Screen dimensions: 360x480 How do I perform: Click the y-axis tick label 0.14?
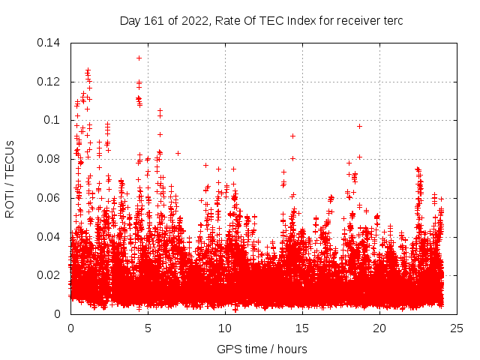pyautogui.click(x=50, y=43)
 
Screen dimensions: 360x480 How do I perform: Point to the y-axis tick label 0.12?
pyautogui.click(x=50, y=82)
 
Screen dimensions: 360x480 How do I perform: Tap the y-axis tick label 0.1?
pyautogui.click(x=53, y=120)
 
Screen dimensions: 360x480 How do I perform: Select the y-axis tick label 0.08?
pyautogui.click(x=50, y=159)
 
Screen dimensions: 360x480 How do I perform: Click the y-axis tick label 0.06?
pyautogui.click(x=50, y=198)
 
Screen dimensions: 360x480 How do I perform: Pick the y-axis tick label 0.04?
pyautogui.click(x=50, y=237)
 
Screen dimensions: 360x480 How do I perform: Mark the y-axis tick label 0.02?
pyautogui.click(x=50, y=275)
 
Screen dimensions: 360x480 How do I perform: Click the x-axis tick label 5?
pyautogui.click(x=148, y=328)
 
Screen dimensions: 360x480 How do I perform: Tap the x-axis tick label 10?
pyautogui.click(x=225, y=328)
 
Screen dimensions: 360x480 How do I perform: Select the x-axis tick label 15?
pyautogui.click(x=302, y=328)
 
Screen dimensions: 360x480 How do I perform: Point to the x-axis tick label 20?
pyautogui.click(x=379, y=328)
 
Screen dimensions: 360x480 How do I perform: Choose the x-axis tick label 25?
pyautogui.click(x=457, y=328)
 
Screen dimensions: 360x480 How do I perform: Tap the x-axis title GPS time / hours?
pyautogui.click(x=262, y=349)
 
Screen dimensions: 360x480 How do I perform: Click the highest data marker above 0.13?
pyautogui.click(x=139, y=58)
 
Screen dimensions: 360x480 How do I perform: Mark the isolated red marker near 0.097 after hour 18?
pyautogui.click(x=360, y=126)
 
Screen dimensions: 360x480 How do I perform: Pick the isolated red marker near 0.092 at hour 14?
pyautogui.click(x=292, y=136)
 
